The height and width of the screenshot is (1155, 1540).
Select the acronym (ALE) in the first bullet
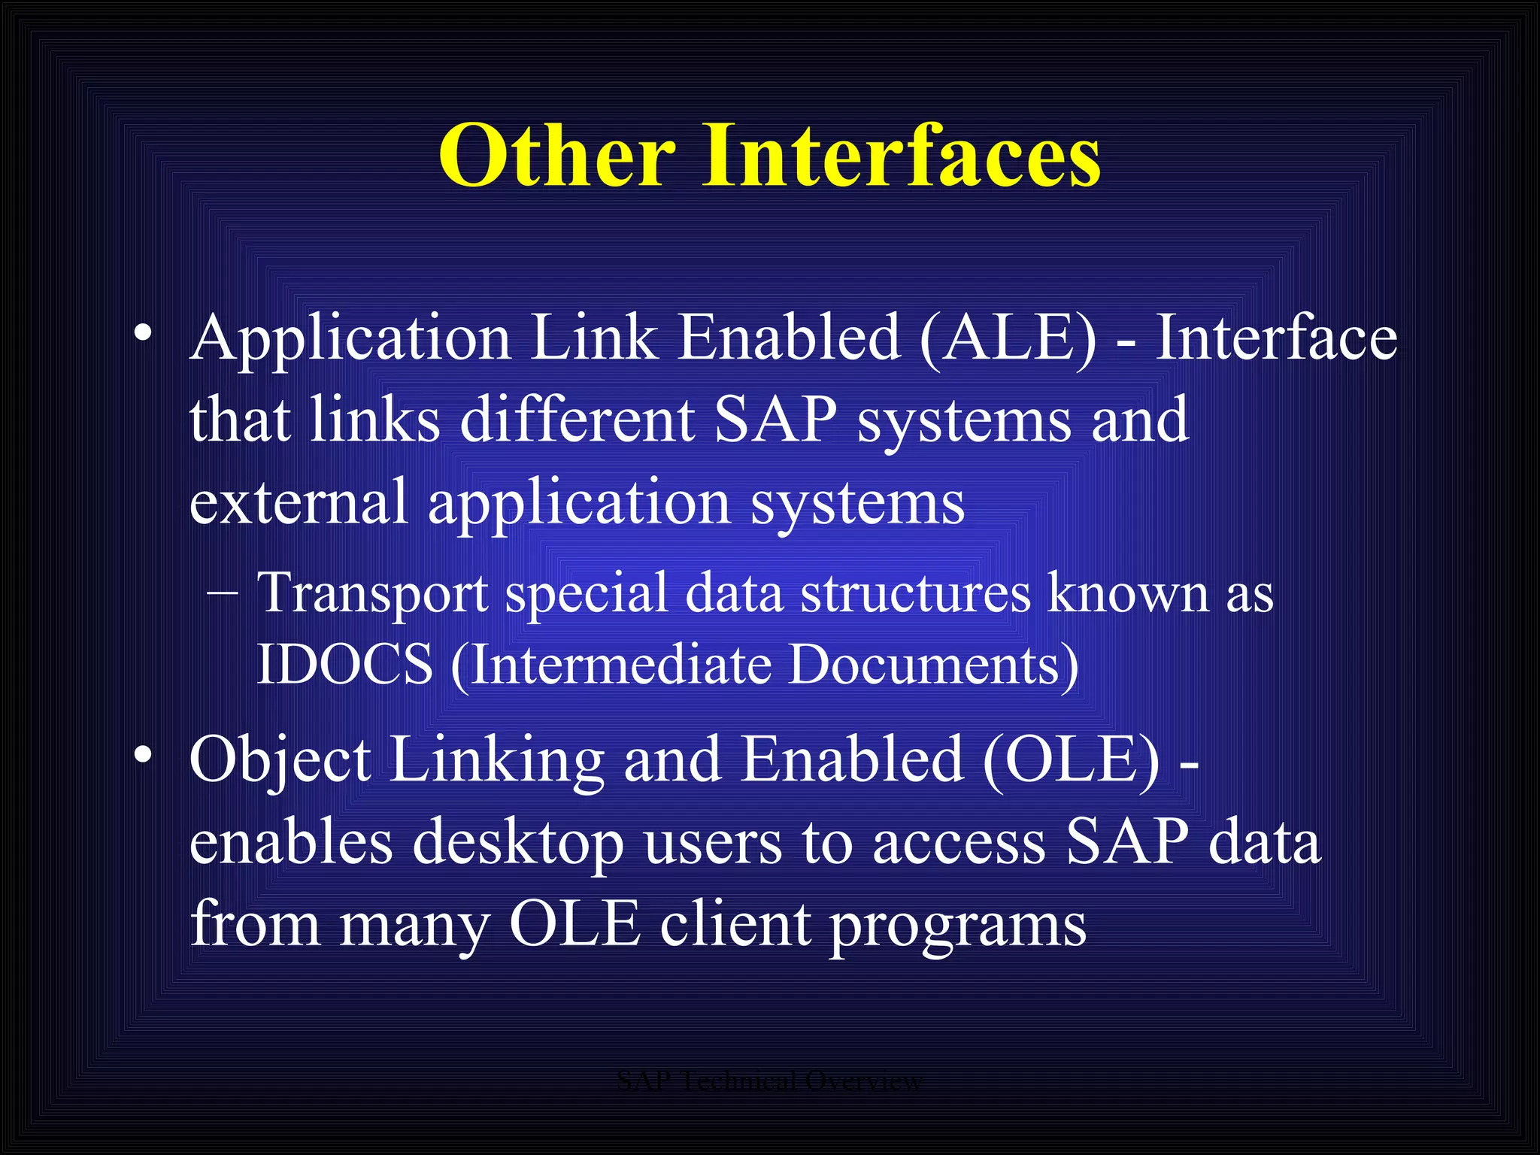point(1008,338)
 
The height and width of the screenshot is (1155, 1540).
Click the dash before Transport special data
point(223,591)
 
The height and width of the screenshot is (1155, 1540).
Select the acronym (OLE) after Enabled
point(1071,759)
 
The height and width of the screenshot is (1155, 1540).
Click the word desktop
point(518,842)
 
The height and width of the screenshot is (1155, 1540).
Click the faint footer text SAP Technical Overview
point(768,1081)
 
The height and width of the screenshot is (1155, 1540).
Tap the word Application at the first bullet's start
point(350,339)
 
